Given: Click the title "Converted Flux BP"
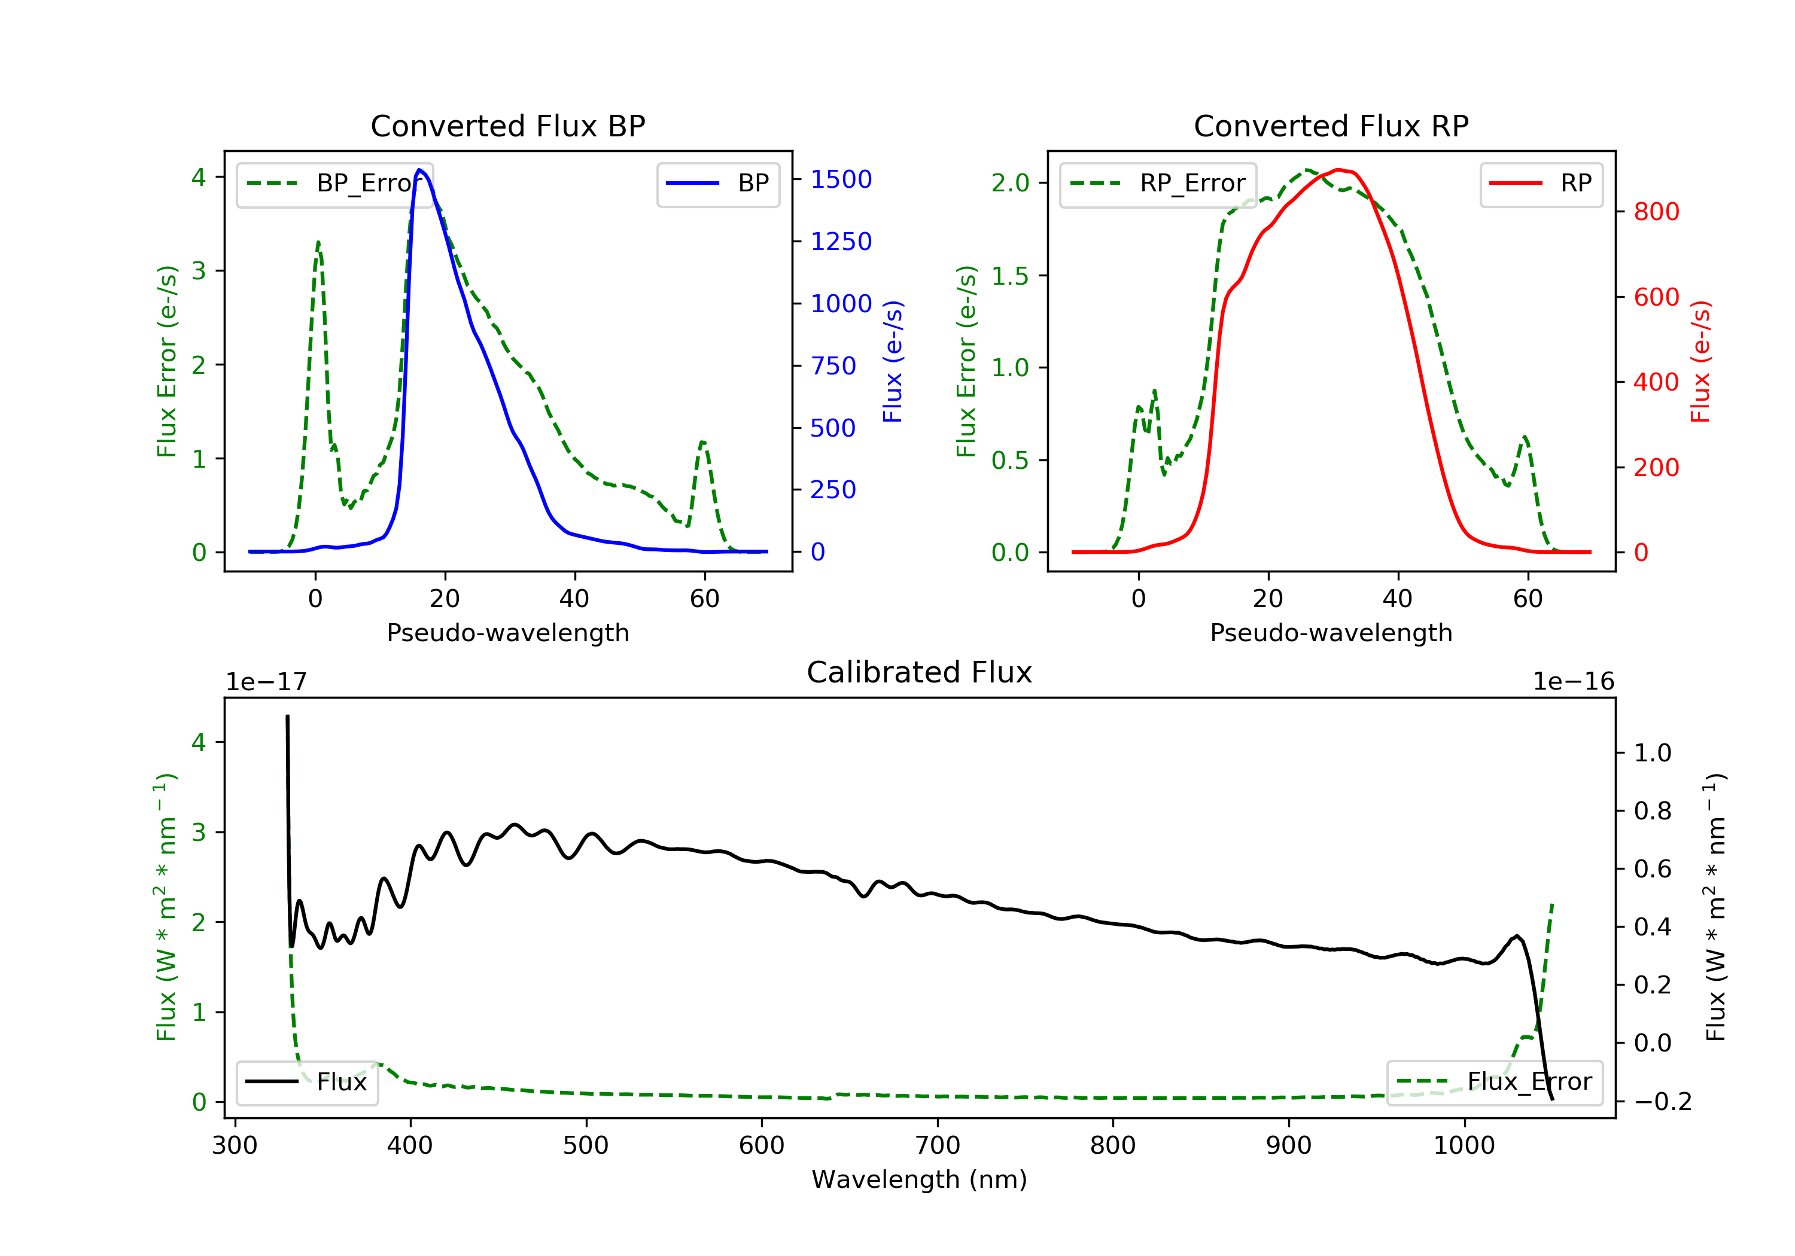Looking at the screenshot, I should tap(507, 126).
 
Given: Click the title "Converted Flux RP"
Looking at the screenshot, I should tap(1331, 126).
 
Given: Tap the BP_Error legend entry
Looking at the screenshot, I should tap(334, 184).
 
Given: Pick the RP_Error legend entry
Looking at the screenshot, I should tap(1158, 184).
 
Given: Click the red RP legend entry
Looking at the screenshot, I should tap(1541, 184).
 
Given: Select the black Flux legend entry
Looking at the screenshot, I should tap(308, 1082).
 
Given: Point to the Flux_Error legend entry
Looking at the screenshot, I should tap(1494, 1082).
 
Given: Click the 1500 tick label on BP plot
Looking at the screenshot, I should tap(841, 180).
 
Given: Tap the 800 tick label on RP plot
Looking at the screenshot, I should tap(1656, 212).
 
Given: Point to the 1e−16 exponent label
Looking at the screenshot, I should tap(1573, 682).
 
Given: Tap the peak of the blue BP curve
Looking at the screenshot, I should tap(420, 170).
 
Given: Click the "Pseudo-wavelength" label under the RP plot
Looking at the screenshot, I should tap(1331, 632).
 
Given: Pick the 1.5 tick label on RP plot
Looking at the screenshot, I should tap(1009, 276).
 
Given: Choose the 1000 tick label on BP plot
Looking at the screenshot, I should tap(841, 303).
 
